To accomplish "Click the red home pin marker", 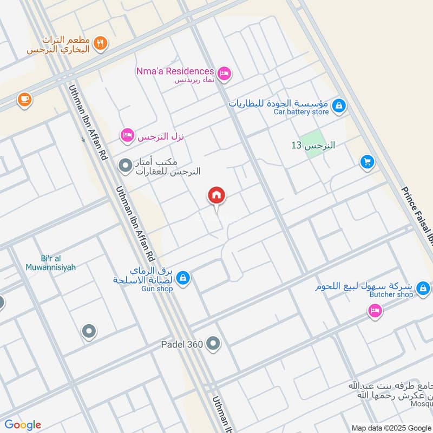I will [x=216, y=196].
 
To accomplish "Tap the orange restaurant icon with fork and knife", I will [x=99, y=43].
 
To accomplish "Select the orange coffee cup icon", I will [x=24, y=99].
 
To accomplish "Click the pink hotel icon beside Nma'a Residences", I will [x=224, y=73].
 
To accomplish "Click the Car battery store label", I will [x=301, y=112].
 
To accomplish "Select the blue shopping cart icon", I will [x=368, y=161].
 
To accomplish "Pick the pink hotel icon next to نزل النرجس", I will [x=127, y=134].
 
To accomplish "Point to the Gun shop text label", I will [x=157, y=289].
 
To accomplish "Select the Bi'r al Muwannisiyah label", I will [x=50, y=263].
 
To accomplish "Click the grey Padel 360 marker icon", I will [x=214, y=343].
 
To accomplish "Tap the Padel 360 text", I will [x=181, y=344].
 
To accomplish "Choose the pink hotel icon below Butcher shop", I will [x=374, y=311].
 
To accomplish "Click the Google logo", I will [x=23, y=425].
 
